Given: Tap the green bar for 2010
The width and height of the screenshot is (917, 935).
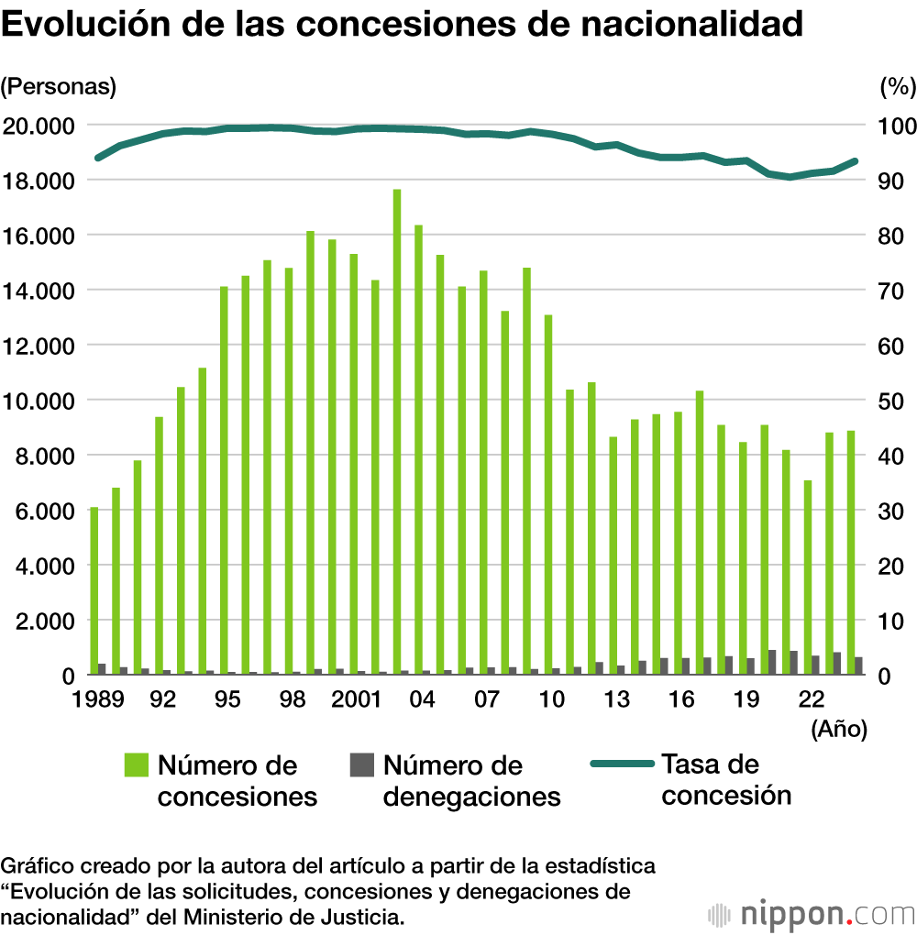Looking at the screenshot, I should pos(548,495).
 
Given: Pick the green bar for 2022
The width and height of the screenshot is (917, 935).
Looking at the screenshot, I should pos(808,577).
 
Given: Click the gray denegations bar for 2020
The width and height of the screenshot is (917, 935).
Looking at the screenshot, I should pos(772,663).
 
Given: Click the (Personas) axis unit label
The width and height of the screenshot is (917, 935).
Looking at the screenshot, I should pos(59,87).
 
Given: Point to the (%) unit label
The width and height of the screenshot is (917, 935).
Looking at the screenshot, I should pos(897,87).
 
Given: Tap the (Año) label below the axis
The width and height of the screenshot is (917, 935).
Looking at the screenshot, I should pos(838,729).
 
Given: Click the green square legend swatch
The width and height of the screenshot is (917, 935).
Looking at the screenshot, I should pos(136,764).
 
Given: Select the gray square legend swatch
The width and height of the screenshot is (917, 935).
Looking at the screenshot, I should pos(362,764).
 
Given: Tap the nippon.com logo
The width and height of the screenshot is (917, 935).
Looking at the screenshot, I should pos(812,914).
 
